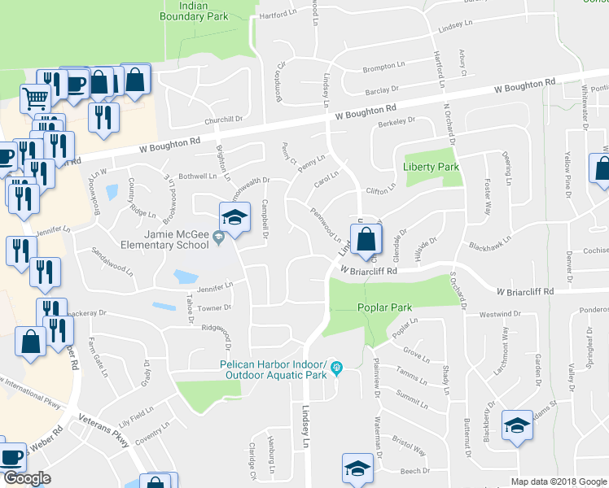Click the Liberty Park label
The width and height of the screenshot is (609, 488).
pos(432,168)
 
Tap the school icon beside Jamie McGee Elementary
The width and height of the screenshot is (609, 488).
pos(234,219)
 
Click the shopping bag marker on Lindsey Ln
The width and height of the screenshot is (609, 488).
pos(367,240)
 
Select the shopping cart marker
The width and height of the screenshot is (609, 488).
pos(35,98)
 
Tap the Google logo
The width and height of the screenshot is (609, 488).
pos(27,478)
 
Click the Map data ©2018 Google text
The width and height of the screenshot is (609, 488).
pos(559,481)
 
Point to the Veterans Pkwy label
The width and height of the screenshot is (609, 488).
pos(103,430)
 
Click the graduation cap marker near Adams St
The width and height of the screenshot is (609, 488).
pos(517,425)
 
